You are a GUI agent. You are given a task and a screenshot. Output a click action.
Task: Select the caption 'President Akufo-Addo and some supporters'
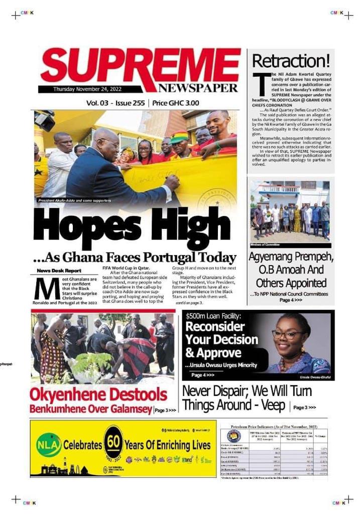click(x=75, y=201)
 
